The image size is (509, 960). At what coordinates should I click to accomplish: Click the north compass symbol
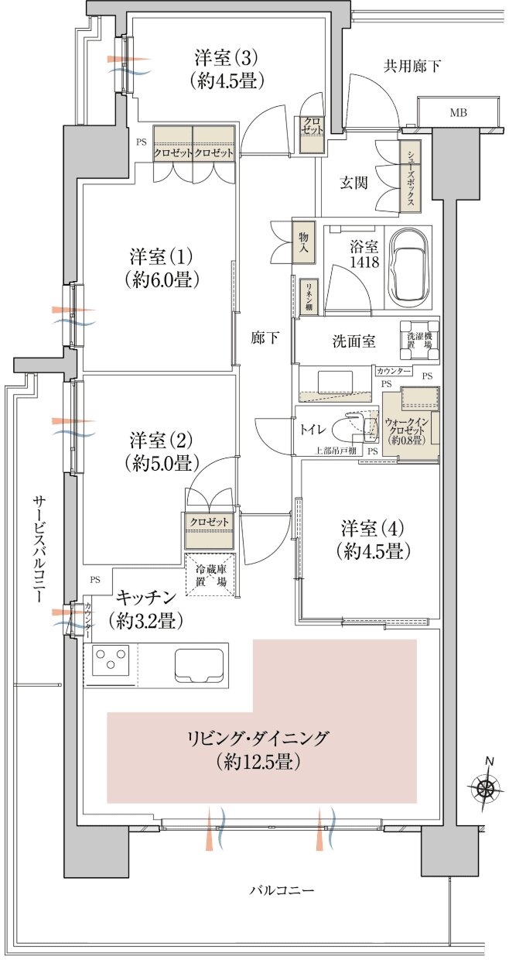pos(486,788)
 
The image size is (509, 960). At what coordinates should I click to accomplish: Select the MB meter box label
pos(459,113)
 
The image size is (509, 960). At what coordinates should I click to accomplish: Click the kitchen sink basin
pos(200,664)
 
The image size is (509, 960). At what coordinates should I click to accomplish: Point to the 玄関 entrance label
pos(356,183)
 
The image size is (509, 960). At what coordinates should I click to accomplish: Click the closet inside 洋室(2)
pos(210,522)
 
